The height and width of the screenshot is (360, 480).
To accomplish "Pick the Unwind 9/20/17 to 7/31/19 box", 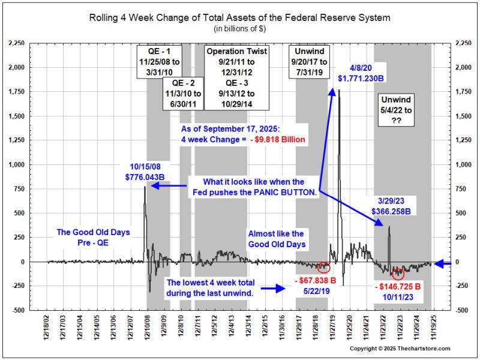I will coord(310,60).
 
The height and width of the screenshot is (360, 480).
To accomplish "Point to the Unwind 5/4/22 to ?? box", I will coord(400,109).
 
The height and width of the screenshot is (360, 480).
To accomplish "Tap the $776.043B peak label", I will coord(143,177).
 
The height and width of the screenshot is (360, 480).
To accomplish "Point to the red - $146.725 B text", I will coord(396,286).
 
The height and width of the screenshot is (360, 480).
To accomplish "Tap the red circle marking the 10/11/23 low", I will coord(398,274).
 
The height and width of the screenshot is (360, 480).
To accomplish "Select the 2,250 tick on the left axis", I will coord(16,43).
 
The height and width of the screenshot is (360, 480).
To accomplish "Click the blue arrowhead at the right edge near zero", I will coord(439,263).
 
